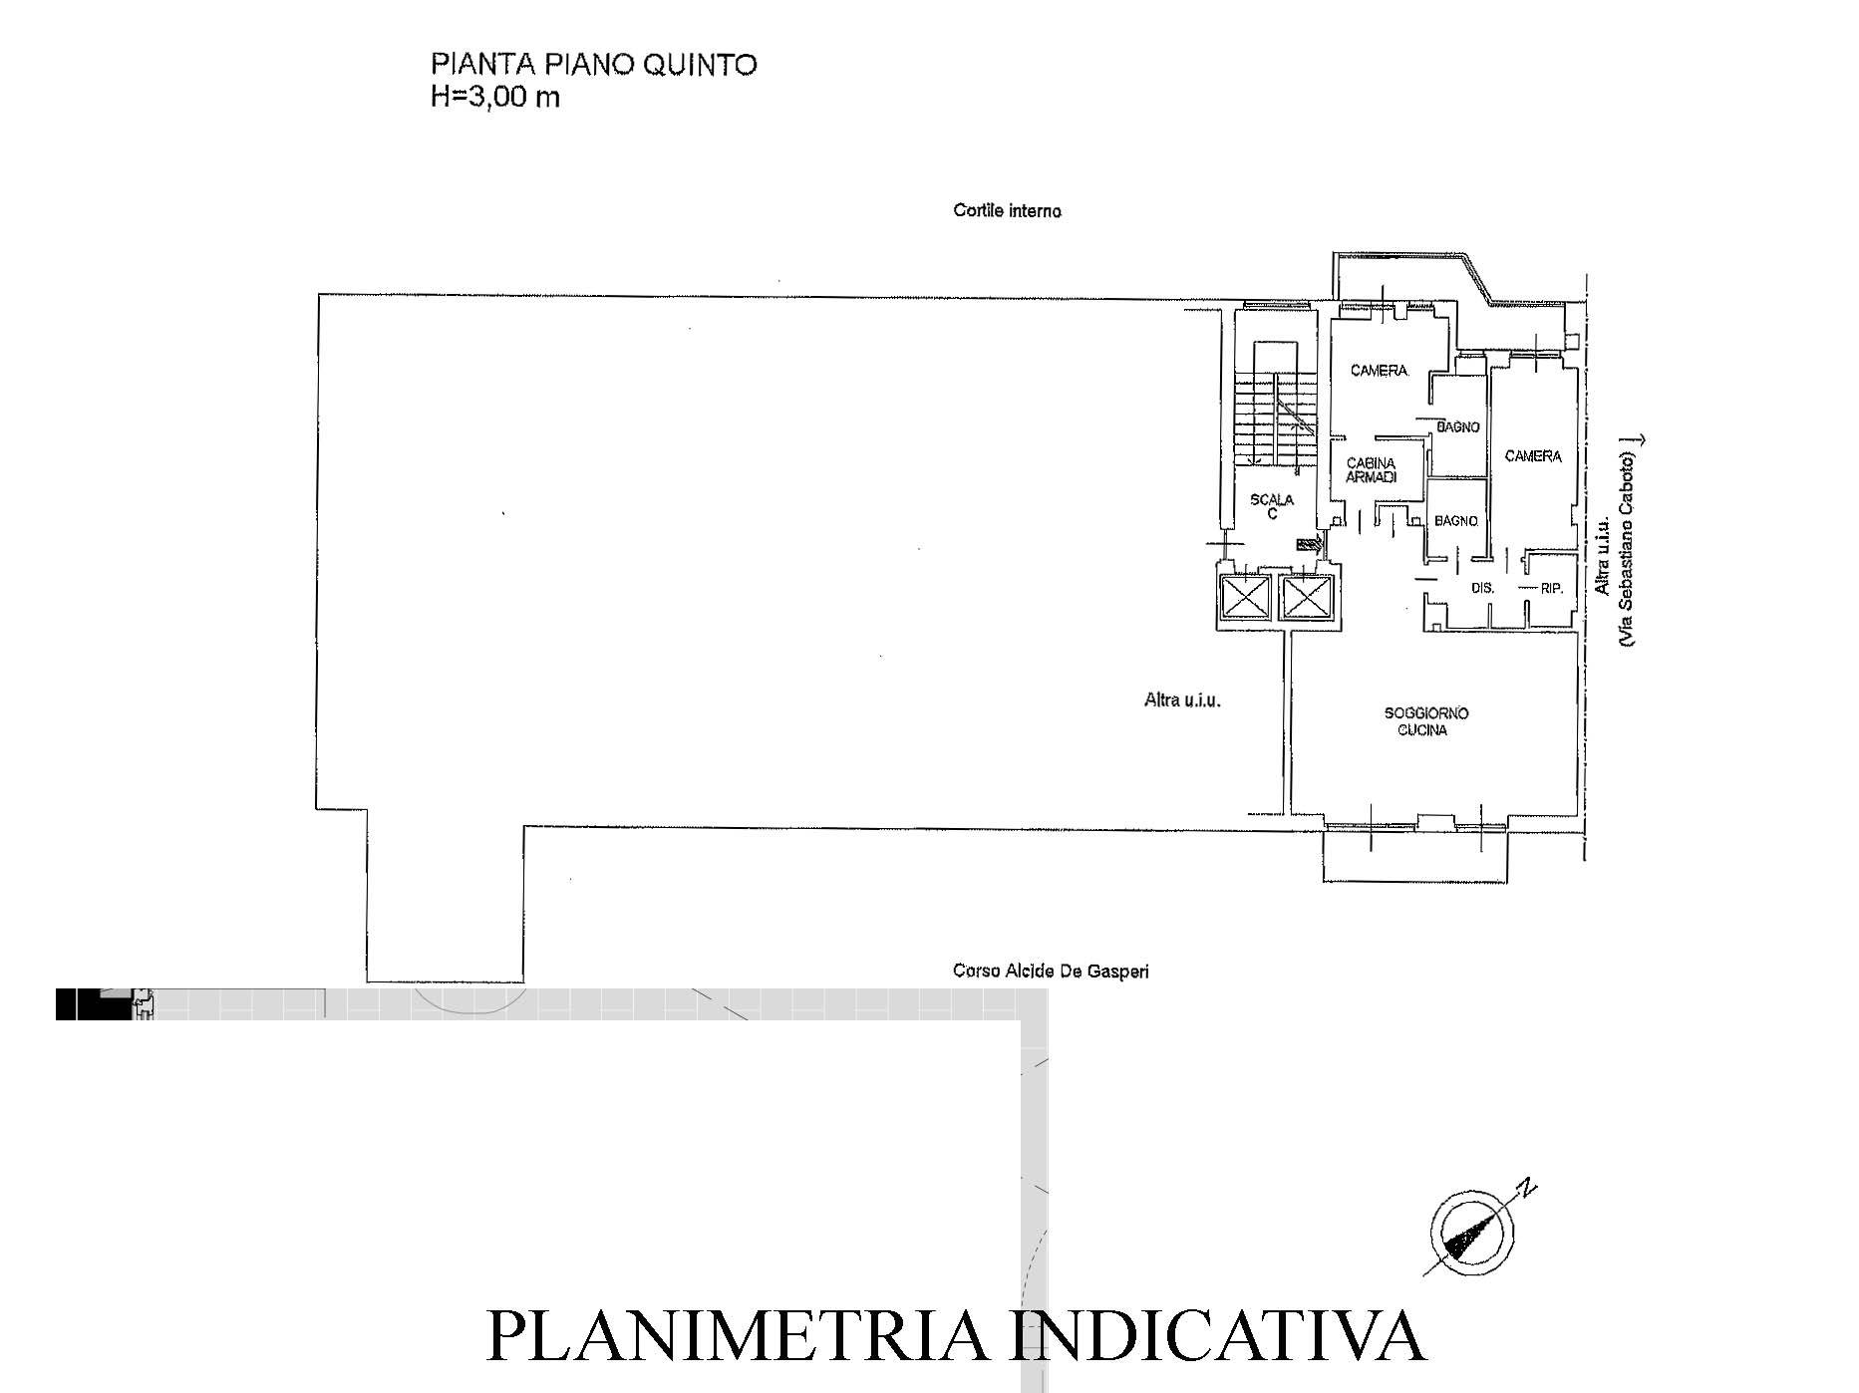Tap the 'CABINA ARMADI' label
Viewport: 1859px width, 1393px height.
(x=1372, y=470)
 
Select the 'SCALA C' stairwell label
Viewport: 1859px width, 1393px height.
(x=1272, y=507)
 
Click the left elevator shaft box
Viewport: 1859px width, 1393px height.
(x=1244, y=600)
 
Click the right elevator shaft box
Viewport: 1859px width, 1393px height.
(x=1306, y=600)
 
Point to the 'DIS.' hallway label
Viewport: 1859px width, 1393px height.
(x=1483, y=588)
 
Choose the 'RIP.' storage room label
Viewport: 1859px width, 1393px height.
(x=1551, y=588)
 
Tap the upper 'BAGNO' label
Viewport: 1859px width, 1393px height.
(x=1457, y=427)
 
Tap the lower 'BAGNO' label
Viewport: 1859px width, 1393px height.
(x=1455, y=521)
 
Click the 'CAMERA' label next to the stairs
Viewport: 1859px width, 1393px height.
(x=1379, y=371)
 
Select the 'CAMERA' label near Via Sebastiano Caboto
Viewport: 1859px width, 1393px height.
(x=1533, y=456)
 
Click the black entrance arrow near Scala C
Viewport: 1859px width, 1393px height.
(x=1309, y=544)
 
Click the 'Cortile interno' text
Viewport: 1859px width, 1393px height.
(x=1008, y=211)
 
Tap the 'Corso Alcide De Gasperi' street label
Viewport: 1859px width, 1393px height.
(x=1051, y=971)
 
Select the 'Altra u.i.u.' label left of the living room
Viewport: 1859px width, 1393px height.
(x=1182, y=700)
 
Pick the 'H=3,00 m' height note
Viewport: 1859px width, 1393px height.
(x=494, y=98)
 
